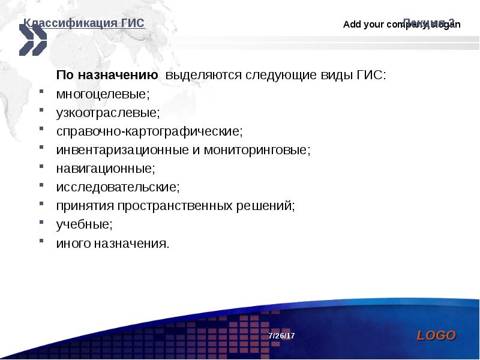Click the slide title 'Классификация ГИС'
84,23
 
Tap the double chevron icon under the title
32,40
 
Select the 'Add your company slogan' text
401,25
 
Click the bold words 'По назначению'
107,76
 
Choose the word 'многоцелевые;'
103,94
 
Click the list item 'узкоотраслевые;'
108,113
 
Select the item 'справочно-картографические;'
149,131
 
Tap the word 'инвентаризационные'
123,150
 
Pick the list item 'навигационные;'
106,169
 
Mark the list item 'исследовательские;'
118,187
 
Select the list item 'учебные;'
85,224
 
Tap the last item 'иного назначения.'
113,243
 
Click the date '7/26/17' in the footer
281,335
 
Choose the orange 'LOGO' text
436,335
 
